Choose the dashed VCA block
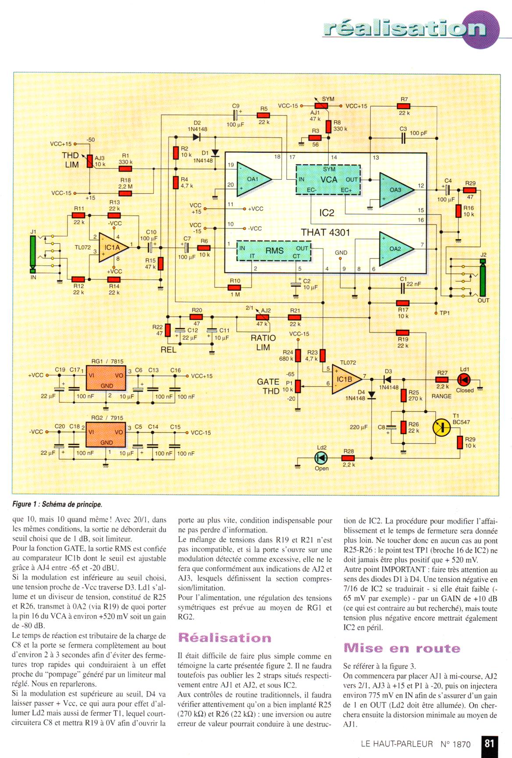(328, 179)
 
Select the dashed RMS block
(274, 250)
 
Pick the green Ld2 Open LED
(321, 458)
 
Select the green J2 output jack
(483, 278)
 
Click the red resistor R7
(404, 106)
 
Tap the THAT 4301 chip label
(325, 232)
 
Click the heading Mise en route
(402, 648)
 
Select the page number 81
(489, 743)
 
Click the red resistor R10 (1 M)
(235, 288)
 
